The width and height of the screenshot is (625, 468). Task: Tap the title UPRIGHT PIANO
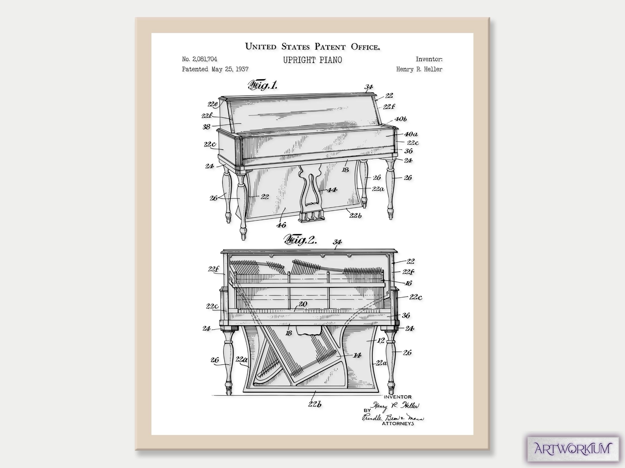(312, 60)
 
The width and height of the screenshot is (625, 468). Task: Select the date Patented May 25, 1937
(215, 69)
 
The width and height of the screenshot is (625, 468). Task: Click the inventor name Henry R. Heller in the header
(419, 69)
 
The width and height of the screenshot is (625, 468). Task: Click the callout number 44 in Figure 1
(332, 190)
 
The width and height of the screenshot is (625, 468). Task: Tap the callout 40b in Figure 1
(401, 119)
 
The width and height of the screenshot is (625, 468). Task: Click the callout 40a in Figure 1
(411, 134)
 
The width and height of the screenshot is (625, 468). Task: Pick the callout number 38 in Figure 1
(206, 127)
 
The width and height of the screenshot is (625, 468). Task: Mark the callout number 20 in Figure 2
(303, 304)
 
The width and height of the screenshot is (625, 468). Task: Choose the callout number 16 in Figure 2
(408, 283)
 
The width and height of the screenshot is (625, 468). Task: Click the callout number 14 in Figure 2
(357, 355)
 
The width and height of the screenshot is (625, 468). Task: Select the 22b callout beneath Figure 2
(315, 404)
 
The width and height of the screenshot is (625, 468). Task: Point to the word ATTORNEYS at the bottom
(398, 423)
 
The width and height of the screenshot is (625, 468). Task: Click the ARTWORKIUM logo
(573, 449)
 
